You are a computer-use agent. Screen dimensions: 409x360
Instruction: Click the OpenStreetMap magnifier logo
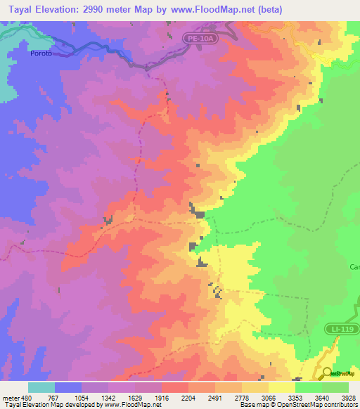click(x=327, y=372)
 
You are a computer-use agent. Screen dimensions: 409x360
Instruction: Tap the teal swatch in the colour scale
click(x=41, y=388)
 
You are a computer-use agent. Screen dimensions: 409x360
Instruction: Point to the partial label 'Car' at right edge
click(x=354, y=267)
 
